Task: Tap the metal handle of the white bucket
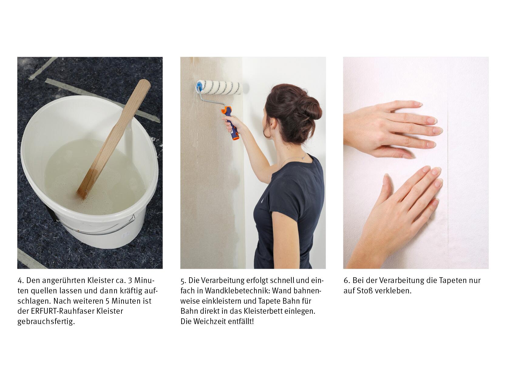(97, 229)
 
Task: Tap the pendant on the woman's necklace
(304, 158)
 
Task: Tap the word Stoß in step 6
(365, 291)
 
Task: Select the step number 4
(20, 281)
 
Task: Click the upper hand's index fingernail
(418, 104)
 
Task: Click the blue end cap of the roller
(199, 86)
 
